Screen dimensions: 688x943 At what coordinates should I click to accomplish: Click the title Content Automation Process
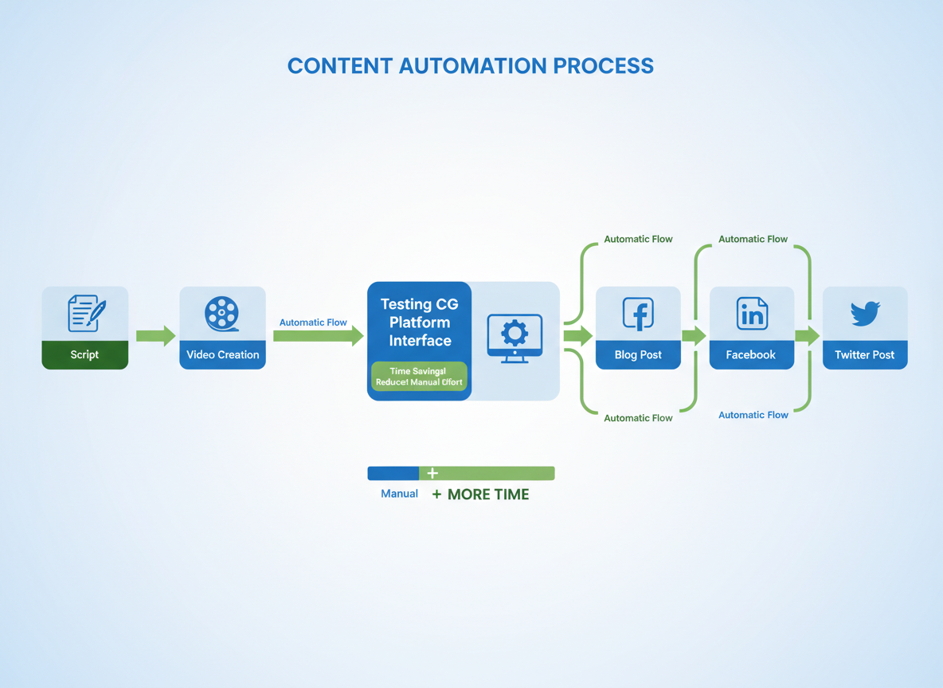click(x=470, y=66)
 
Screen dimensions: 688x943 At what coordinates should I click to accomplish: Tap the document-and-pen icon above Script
click(x=86, y=313)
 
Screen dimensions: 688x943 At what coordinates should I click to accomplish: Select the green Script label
click(x=84, y=354)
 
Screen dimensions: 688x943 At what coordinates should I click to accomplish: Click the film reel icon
click(x=222, y=314)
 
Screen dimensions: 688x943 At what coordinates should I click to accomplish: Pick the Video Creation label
click(x=222, y=354)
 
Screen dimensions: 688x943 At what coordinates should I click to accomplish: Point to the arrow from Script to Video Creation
click(x=155, y=336)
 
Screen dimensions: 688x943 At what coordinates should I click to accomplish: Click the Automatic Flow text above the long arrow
click(x=313, y=322)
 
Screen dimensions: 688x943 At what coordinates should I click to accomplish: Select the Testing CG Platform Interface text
click(x=419, y=322)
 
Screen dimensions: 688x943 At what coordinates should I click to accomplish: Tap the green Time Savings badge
click(x=419, y=377)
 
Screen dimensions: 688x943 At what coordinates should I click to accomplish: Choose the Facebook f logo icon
click(x=638, y=314)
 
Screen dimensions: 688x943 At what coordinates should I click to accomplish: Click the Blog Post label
click(x=638, y=354)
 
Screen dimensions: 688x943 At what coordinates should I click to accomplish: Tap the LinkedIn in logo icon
click(x=752, y=314)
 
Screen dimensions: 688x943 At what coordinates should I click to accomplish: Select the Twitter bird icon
click(x=865, y=313)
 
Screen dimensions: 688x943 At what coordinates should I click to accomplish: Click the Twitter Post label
click(x=865, y=354)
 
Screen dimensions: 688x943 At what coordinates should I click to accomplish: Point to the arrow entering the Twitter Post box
click(x=808, y=336)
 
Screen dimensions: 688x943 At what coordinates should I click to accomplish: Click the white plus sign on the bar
click(x=432, y=473)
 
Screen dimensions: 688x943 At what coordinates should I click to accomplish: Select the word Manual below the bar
click(x=399, y=494)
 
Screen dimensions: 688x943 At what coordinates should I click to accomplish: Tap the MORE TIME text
click(x=487, y=494)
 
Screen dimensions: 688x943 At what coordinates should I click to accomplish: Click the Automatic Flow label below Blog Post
click(x=638, y=418)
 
